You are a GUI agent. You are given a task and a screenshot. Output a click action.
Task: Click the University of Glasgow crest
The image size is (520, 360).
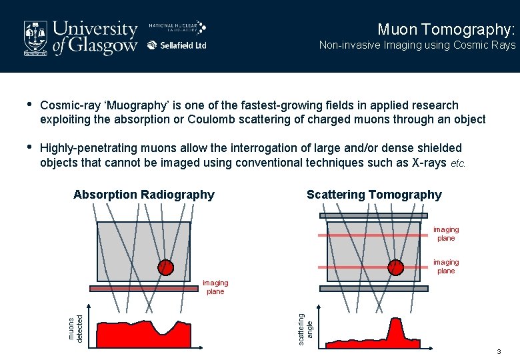pyautogui.click(x=36, y=37)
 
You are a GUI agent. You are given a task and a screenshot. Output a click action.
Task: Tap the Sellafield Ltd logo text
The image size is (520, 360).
pyautogui.click(x=177, y=45)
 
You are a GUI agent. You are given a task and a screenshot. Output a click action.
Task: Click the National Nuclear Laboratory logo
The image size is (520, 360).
pyautogui.click(x=177, y=27)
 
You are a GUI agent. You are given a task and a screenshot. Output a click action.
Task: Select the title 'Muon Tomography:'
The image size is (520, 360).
pyautogui.click(x=446, y=29)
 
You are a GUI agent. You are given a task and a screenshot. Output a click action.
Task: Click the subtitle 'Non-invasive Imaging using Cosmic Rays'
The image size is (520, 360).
pyautogui.click(x=417, y=45)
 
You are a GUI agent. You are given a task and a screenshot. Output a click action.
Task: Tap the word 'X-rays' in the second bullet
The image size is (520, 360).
pyautogui.click(x=426, y=163)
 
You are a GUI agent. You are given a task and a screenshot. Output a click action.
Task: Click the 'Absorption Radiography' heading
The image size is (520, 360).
pyautogui.click(x=144, y=195)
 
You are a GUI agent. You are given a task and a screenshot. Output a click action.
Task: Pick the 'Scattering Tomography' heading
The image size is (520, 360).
pyautogui.click(x=374, y=195)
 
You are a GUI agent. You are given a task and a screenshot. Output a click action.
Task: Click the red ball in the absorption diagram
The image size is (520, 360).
pyautogui.click(x=165, y=267)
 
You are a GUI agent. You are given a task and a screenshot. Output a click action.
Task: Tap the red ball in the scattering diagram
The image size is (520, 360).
pyautogui.click(x=396, y=267)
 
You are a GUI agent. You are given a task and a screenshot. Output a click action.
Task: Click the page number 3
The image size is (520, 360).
pyautogui.click(x=497, y=351)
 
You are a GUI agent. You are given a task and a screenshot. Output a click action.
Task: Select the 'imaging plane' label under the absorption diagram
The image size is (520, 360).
pyautogui.click(x=215, y=287)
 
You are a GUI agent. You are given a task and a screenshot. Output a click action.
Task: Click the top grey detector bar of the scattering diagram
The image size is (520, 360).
pyautogui.click(x=373, y=216)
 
